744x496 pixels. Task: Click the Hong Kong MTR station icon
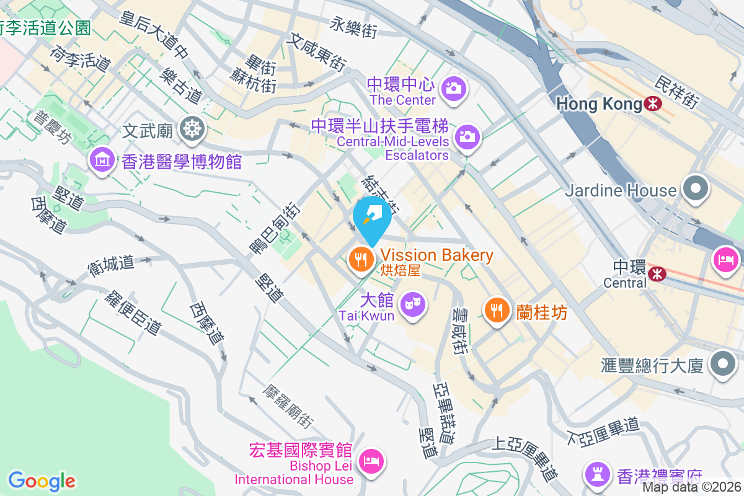tap(652, 104)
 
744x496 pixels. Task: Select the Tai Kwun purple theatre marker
tap(409, 304)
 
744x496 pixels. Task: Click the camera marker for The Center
tap(454, 88)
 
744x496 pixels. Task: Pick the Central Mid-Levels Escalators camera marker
tap(467, 136)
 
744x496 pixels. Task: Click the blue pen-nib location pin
tap(372, 218)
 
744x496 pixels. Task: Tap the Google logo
tap(42, 480)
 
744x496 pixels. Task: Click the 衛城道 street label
tap(112, 265)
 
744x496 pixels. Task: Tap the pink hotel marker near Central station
tap(726, 258)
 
